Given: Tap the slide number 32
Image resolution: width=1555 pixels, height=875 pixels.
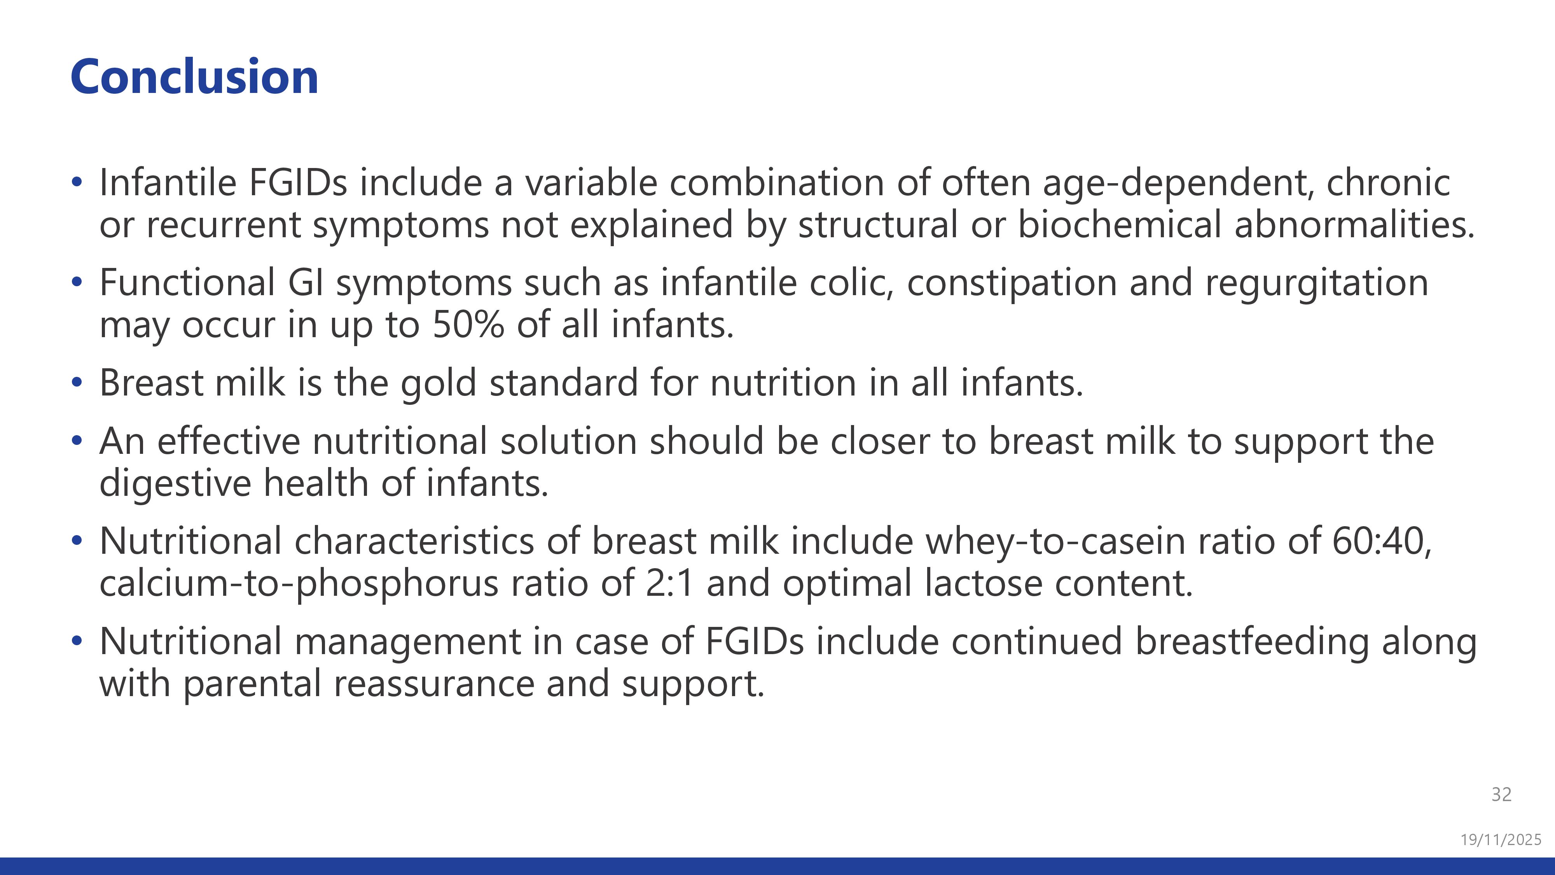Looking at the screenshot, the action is (x=1501, y=794).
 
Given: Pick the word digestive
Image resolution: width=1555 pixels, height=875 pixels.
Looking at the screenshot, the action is (x=175, y=484).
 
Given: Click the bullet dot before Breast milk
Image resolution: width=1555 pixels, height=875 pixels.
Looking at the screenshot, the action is (x=76, y=382).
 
